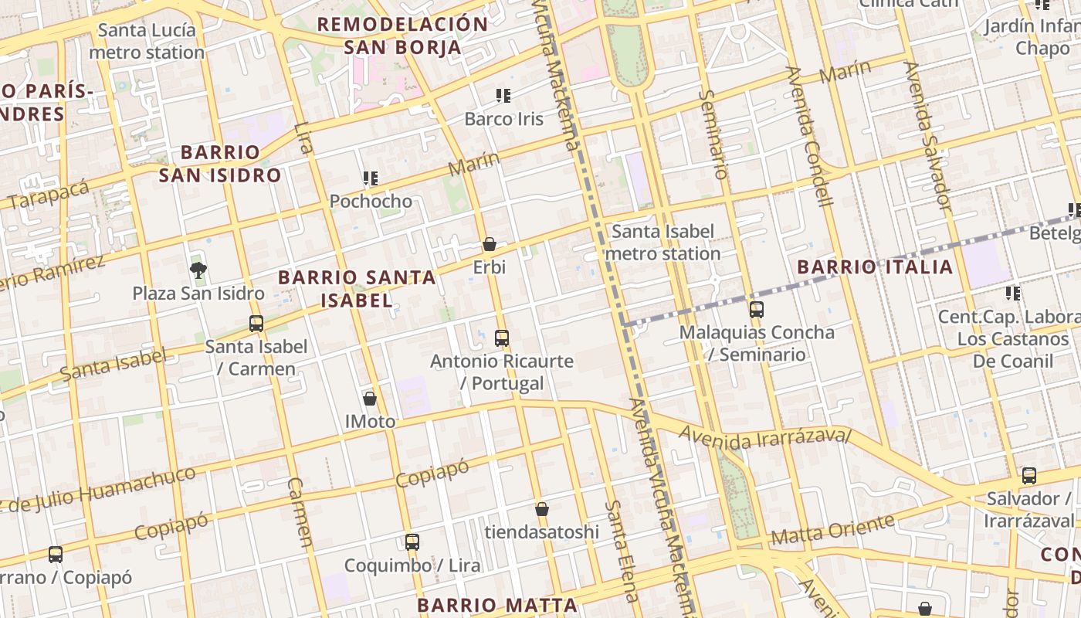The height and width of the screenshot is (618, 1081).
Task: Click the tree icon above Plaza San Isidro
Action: pos(198,270)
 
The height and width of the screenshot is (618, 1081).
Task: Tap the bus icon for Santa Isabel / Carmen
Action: pos(256,324)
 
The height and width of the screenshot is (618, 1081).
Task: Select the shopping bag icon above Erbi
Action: pos(490,244)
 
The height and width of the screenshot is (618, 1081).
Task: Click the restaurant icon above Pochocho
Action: pos(371,178)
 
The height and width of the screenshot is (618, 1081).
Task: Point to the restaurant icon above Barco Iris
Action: pos(503,96)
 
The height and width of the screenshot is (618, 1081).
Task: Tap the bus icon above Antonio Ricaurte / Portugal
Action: pos(502,338)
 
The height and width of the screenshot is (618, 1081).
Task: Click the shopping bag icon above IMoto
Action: pos(370,399)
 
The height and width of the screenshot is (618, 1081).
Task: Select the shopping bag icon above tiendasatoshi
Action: pos(542,509)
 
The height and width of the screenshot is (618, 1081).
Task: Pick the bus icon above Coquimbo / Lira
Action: pos(412,542)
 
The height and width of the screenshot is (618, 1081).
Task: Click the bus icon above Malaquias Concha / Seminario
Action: pos(757,310)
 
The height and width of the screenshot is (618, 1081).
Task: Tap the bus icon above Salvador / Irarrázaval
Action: pos(1028,476)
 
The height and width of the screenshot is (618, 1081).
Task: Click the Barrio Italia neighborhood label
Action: pos(875,267)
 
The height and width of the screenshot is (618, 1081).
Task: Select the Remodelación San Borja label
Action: pos(402,35)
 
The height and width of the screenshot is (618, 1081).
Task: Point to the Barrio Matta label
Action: pos(497,605)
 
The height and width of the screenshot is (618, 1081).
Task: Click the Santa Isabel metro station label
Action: pos(662,242)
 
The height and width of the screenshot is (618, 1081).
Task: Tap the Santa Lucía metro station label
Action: pos(147,42)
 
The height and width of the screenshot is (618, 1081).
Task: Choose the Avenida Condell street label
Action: pos(809,136)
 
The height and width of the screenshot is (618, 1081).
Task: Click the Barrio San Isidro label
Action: pos(220,163)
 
